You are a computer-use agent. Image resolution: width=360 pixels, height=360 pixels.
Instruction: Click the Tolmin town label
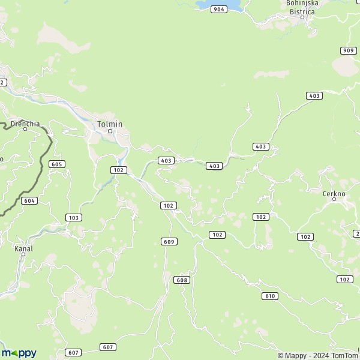(x=110, y=124)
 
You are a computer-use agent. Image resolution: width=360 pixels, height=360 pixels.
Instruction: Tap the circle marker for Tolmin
(x=110, y=131)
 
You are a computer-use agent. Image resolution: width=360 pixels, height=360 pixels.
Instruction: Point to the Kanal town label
(x=23, y=248)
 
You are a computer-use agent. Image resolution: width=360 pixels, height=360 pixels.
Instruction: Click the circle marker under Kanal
(x=23, y=254)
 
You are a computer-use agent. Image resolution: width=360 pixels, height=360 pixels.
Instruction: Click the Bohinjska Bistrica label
(x=302, y=7)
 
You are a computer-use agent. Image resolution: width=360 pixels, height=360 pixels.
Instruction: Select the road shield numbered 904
(x=219, y=10)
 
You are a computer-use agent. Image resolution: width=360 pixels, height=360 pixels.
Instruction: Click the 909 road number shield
(x=347, y=50)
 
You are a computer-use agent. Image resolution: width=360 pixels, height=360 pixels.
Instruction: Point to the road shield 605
(x=57, y=164)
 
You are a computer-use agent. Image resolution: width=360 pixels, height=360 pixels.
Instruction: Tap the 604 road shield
(x=29, y=200)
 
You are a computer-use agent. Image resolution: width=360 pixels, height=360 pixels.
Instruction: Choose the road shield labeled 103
(x=73, y=217)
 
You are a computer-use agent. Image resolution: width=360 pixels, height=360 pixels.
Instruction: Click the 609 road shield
(x=169, y=241)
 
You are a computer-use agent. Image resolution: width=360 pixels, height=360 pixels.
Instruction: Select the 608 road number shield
(x=181, y=280)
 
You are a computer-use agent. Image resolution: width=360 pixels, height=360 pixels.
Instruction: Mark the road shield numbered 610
(x=270, y=296)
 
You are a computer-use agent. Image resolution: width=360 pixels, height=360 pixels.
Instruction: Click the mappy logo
(x=19, y=353)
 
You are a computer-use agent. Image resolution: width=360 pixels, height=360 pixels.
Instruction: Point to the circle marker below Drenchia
(x=25, y=129)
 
